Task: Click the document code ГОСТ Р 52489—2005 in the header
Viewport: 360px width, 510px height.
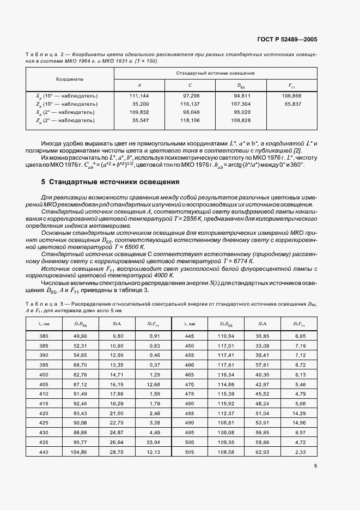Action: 287,40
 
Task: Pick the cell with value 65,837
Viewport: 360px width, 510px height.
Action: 292,104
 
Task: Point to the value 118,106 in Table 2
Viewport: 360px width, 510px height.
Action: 190,120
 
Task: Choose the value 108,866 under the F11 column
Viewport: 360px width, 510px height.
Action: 292,95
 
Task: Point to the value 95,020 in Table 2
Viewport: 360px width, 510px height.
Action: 241,112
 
